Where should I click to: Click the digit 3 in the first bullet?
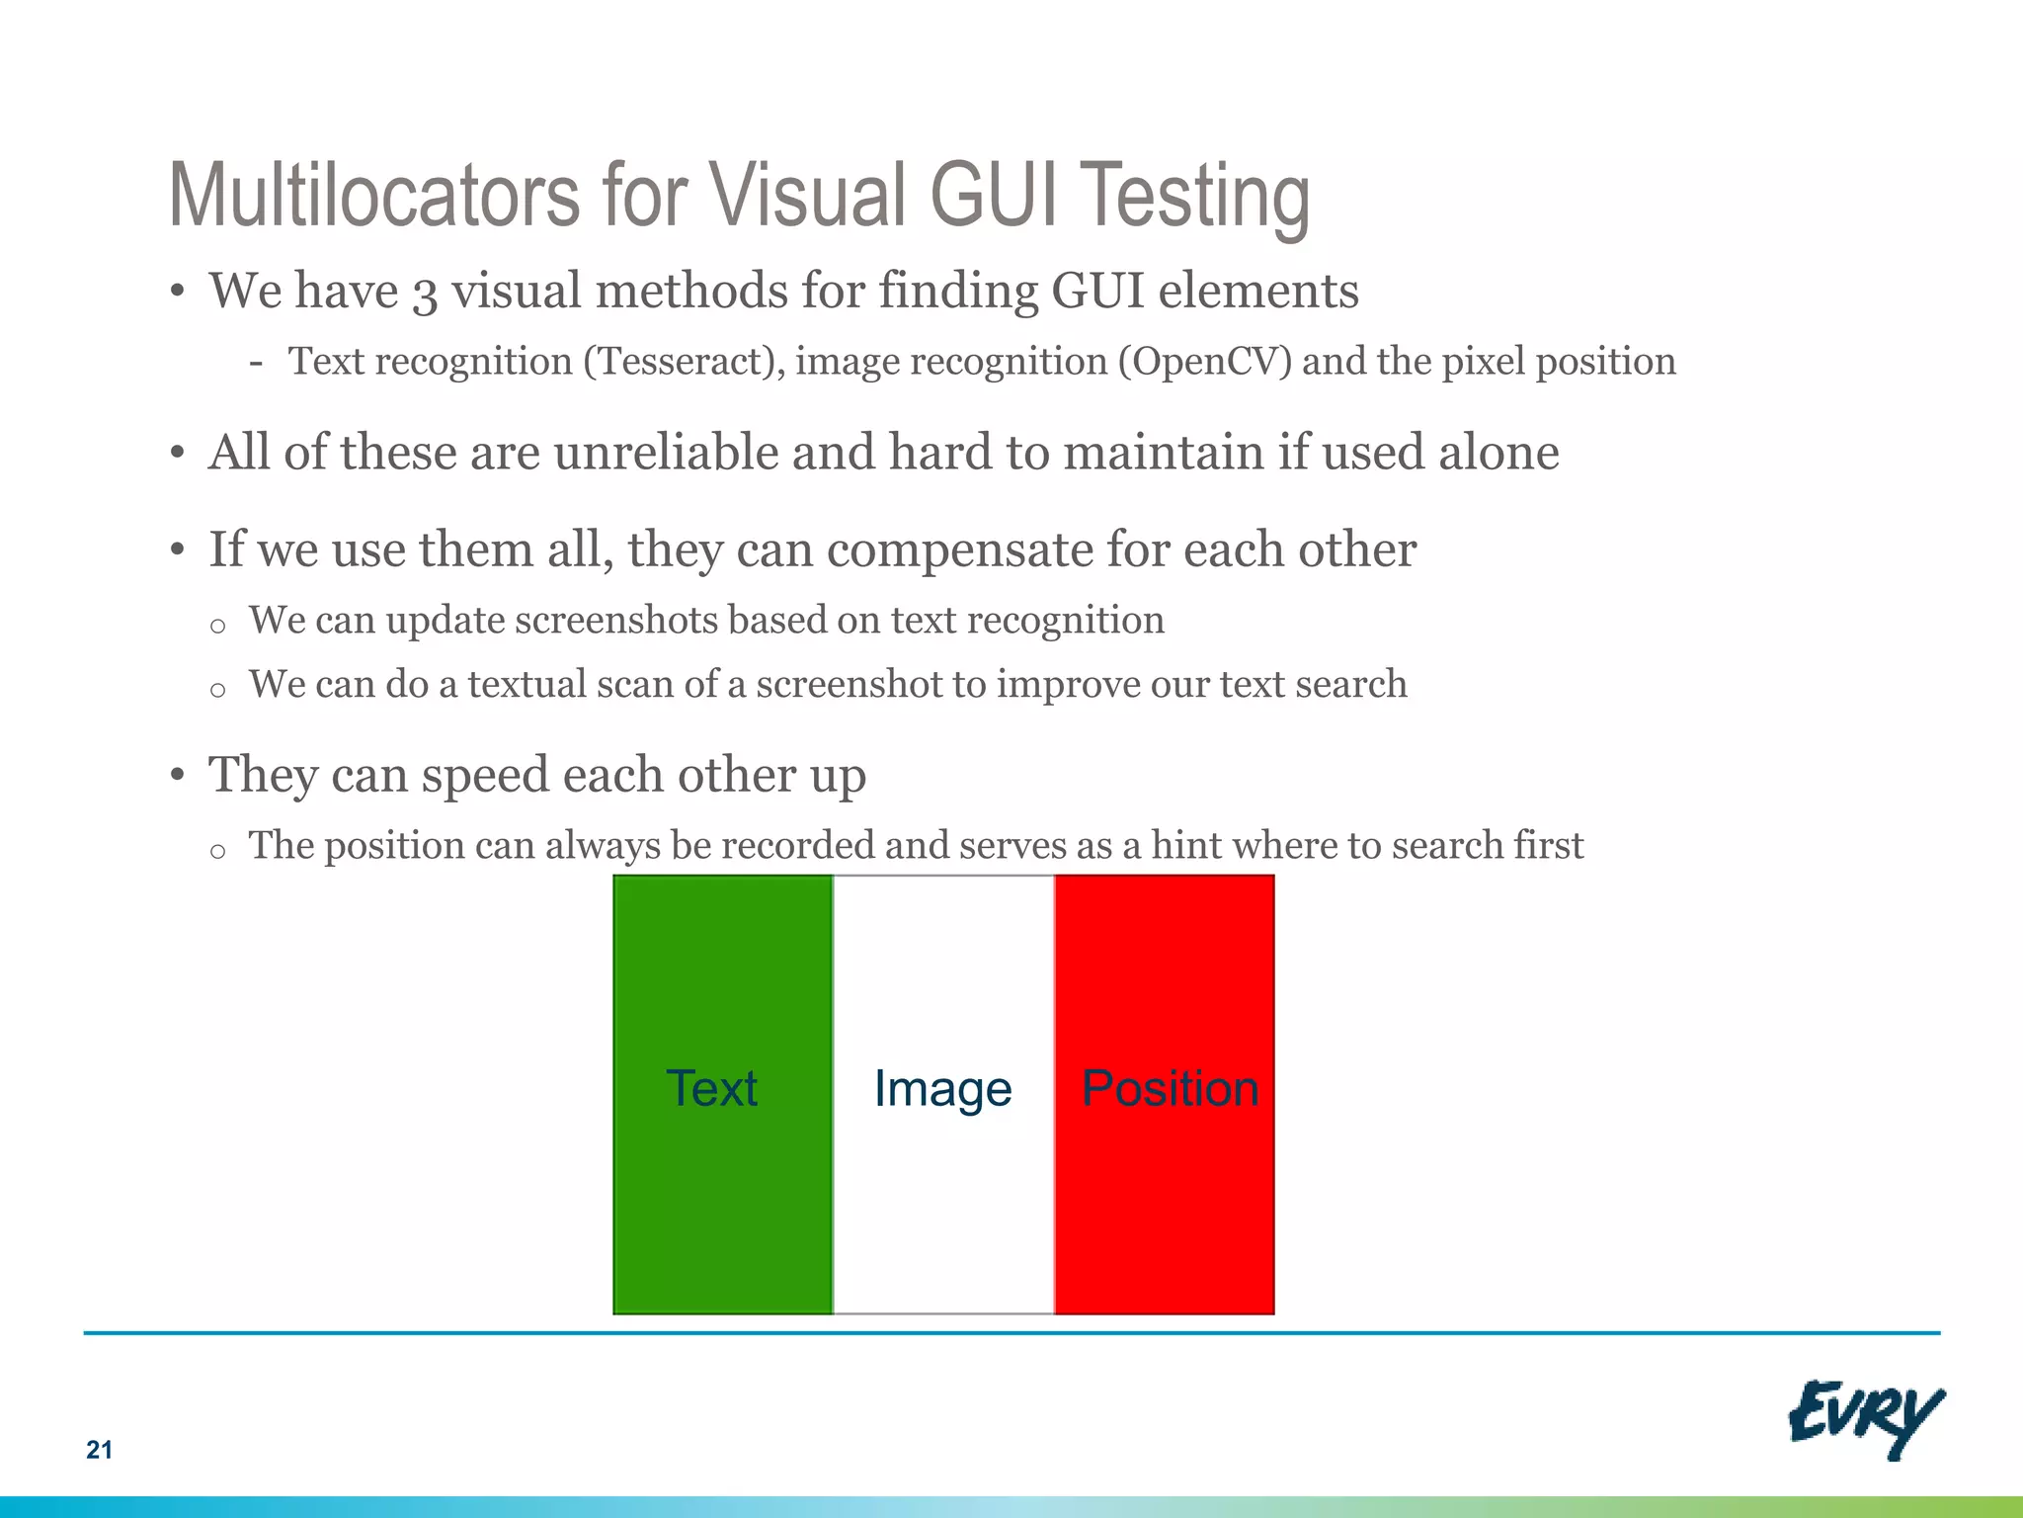coord(425,294)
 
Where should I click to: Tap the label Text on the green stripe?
coord(711,1088)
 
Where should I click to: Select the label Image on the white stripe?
coord(942,1090)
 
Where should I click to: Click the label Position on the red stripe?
coord(1170,1089)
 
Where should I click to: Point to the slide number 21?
coord(99,1450)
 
